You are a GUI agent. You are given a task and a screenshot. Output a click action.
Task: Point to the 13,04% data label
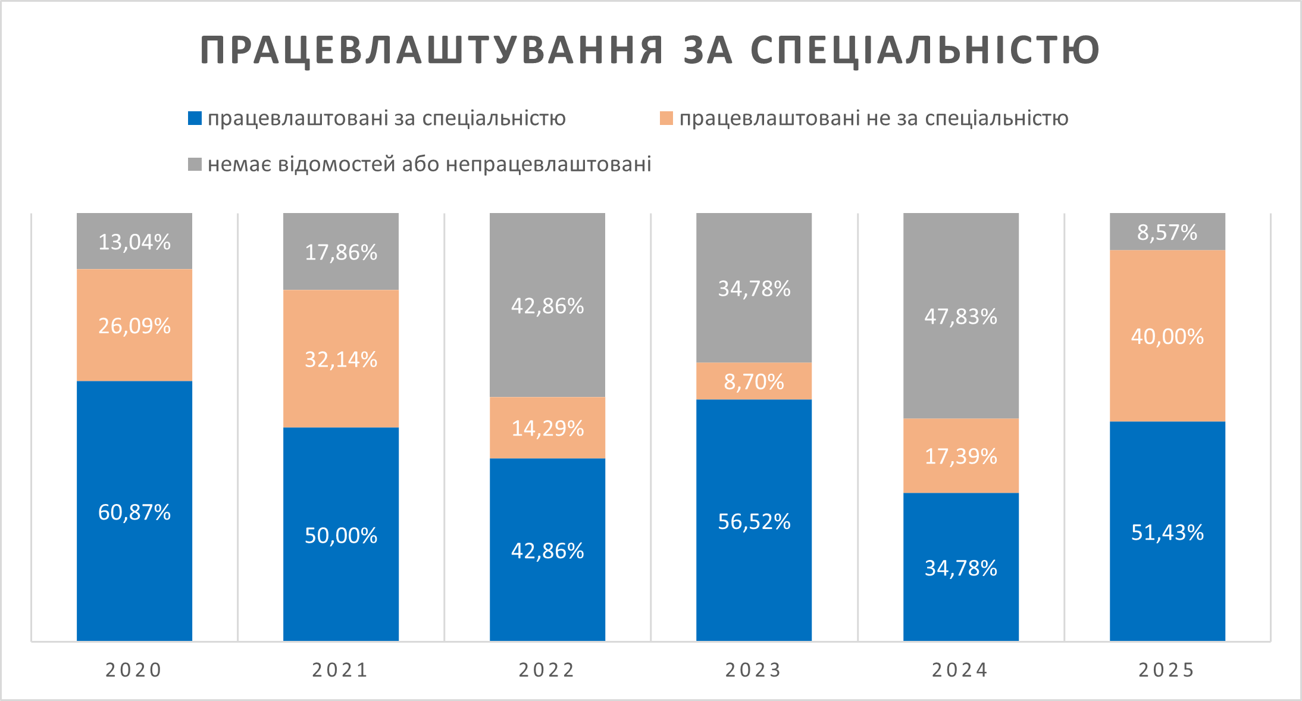coord(134,242)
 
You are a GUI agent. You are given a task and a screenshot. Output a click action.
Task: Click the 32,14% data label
coord(341,359)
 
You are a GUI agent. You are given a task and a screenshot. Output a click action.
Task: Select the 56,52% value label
coord(754,522)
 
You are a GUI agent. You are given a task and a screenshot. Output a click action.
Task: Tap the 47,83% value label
coord(960,317)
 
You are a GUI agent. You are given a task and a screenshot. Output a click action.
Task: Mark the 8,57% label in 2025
coord(1167,232)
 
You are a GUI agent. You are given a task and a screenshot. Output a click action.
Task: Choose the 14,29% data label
coord(547,428)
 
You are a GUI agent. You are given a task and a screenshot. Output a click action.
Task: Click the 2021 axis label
coord(340,670)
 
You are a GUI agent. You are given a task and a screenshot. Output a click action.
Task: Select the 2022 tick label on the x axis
coord(547,670)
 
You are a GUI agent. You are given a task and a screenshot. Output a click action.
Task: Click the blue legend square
coord(195,118)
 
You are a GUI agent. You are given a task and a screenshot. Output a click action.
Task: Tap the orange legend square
coord(666,118)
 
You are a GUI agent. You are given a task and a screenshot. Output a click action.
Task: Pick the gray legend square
coord(195,164)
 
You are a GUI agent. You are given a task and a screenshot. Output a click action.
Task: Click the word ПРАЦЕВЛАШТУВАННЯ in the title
coord(432,50)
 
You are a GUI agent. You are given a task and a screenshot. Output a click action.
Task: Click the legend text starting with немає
coord(429,164)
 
